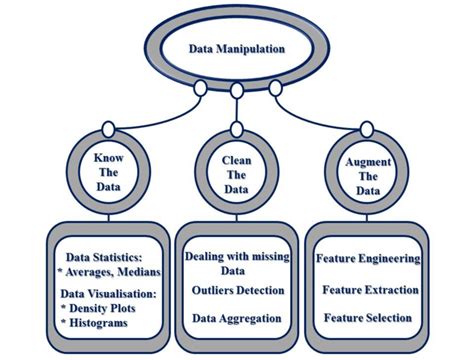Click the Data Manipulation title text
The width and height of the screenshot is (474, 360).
(236, 47)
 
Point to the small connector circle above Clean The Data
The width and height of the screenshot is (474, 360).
(237, 92)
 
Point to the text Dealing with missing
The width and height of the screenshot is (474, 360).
(237, 257)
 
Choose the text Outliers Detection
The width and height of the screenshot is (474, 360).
(237, 291)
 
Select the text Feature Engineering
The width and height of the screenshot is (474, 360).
(367, 258)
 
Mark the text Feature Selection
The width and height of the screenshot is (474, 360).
(368, 318)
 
